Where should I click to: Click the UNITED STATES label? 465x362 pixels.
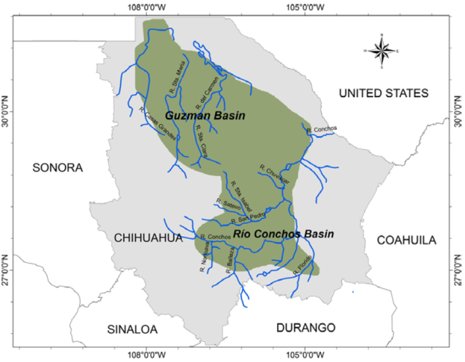tap(383, 93)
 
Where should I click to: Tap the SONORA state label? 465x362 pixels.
tap(57, 167)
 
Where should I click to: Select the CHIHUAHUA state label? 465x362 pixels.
tap(148, 238)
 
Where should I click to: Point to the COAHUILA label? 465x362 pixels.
tap(406, 240)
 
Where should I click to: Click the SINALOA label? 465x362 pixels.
tap(132, 329)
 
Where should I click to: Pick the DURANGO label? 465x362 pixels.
tap(305, 327)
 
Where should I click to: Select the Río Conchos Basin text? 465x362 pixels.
tap(283, 233)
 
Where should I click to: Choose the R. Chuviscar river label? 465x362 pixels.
tap(274, 175)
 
